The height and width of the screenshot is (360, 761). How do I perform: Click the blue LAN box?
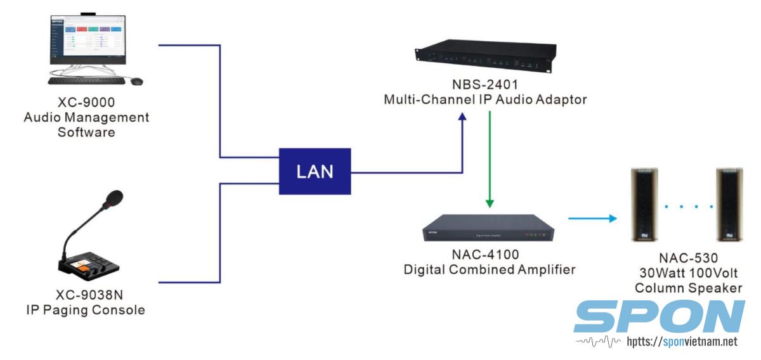[315, 171]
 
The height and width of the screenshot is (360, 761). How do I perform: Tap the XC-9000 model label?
[86, 103]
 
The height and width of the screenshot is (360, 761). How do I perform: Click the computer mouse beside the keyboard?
[136, 81]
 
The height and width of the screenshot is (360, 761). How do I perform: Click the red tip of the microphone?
[115, 197]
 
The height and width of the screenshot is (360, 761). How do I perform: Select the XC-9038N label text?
[86, 295]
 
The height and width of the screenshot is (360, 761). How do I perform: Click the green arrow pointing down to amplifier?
[490, 158]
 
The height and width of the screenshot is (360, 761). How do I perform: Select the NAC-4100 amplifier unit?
[489, 229]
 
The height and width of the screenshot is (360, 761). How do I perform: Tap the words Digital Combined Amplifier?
[490, 269]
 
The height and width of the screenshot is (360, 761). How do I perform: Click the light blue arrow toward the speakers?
[592, 219]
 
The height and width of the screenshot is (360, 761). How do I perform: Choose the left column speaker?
[646, 204]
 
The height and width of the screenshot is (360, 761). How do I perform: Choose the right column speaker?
[729, 204]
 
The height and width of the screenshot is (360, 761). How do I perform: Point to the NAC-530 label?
[688, 259]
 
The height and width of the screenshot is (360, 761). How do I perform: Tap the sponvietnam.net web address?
[682, 342]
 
